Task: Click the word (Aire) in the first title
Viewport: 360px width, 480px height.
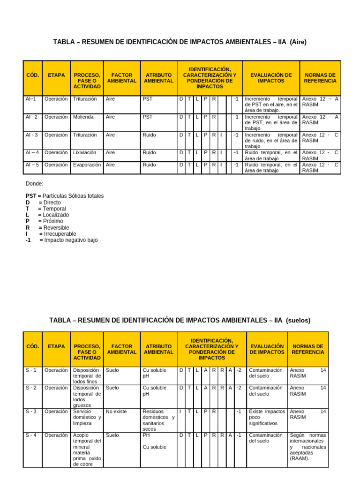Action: [298, 42]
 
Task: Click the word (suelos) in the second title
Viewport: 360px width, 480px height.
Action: [298, 320]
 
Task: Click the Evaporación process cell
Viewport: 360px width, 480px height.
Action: [87, 165]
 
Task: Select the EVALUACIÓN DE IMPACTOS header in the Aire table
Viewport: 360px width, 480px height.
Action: [271, 78]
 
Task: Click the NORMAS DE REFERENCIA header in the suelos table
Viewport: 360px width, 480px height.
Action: [307, 349]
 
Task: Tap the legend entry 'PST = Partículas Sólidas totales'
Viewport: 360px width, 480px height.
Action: [65, 196]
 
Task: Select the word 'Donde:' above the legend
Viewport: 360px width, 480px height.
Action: [34, 184]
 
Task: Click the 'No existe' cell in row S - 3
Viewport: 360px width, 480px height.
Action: [116, 412]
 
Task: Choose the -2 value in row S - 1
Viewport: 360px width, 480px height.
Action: [239, 370]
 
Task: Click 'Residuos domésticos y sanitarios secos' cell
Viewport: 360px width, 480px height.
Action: [158, 420]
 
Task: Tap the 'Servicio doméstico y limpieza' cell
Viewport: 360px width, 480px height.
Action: [87, 417]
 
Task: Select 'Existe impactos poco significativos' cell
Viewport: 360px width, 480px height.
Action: [267, 417]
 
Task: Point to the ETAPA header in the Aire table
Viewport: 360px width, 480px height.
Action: [56, 75]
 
